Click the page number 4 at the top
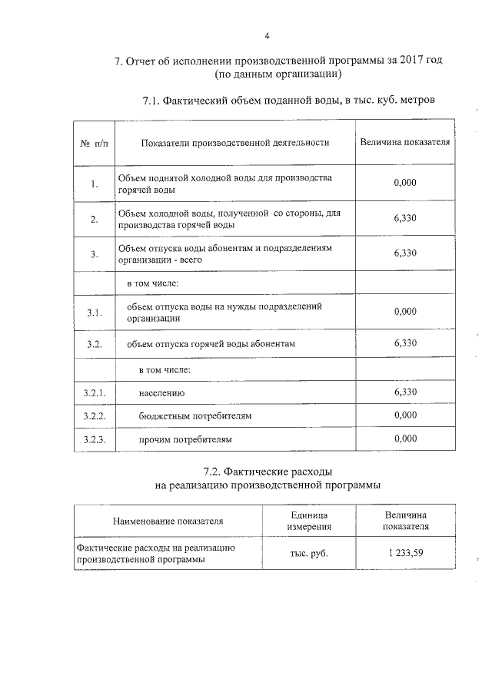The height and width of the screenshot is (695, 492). [x=267, y=36]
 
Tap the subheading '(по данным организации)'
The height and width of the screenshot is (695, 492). [x=278, y=75]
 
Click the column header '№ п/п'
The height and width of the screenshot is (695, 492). [x=95, y=142]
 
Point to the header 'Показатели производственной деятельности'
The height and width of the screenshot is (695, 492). [x=235, y=142]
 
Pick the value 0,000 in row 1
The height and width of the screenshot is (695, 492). [x=404, y=184]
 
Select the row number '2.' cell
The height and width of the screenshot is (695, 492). [x=94, y=220]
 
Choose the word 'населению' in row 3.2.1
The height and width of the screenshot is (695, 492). [x=162, y=393]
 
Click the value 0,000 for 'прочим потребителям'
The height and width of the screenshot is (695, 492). [x=404, y=439]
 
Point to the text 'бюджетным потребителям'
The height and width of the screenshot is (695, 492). [x=195, y=416]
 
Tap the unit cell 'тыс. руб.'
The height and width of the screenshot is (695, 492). [x=309, y=554]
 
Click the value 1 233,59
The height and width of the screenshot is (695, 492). [x=406, y=554]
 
